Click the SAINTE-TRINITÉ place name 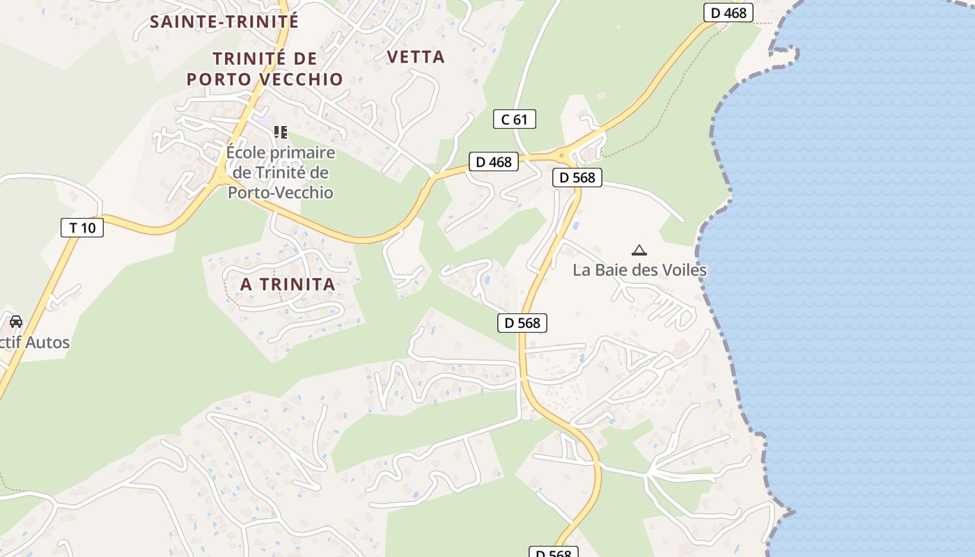click(x=224, y=22)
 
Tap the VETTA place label click(x=415, y=57)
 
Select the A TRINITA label click(x=288, y=284)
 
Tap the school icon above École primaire click(x=281, y=132)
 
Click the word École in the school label click(x=247, y=152)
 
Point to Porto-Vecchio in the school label click(x=281, y=193)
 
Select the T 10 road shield click(x=82, y=228)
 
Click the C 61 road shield click(x=514, y=119)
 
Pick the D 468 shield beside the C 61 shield click(x=494, y=162)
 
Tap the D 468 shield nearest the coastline click(x=728, y=13)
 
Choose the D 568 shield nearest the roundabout click(x=577, y=178)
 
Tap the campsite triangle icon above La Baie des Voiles click(x=639, y=250)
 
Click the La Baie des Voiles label click(x=639, y=270)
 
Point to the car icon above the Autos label click(x=15, y=322)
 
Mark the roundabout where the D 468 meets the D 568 click(x=561, y=155)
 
